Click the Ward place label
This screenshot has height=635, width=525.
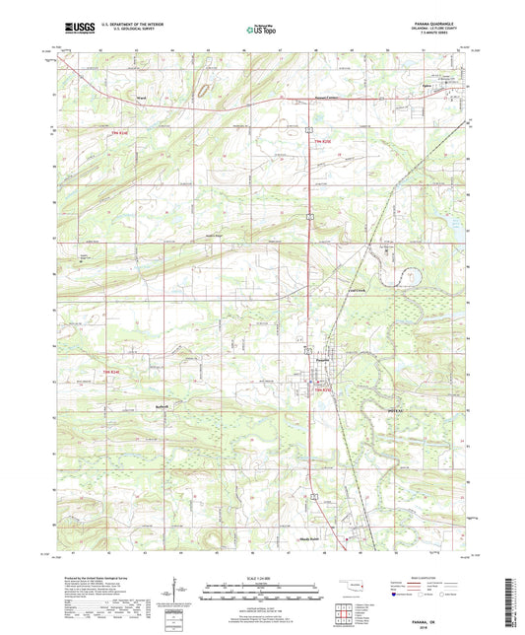(x=142, y=98)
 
